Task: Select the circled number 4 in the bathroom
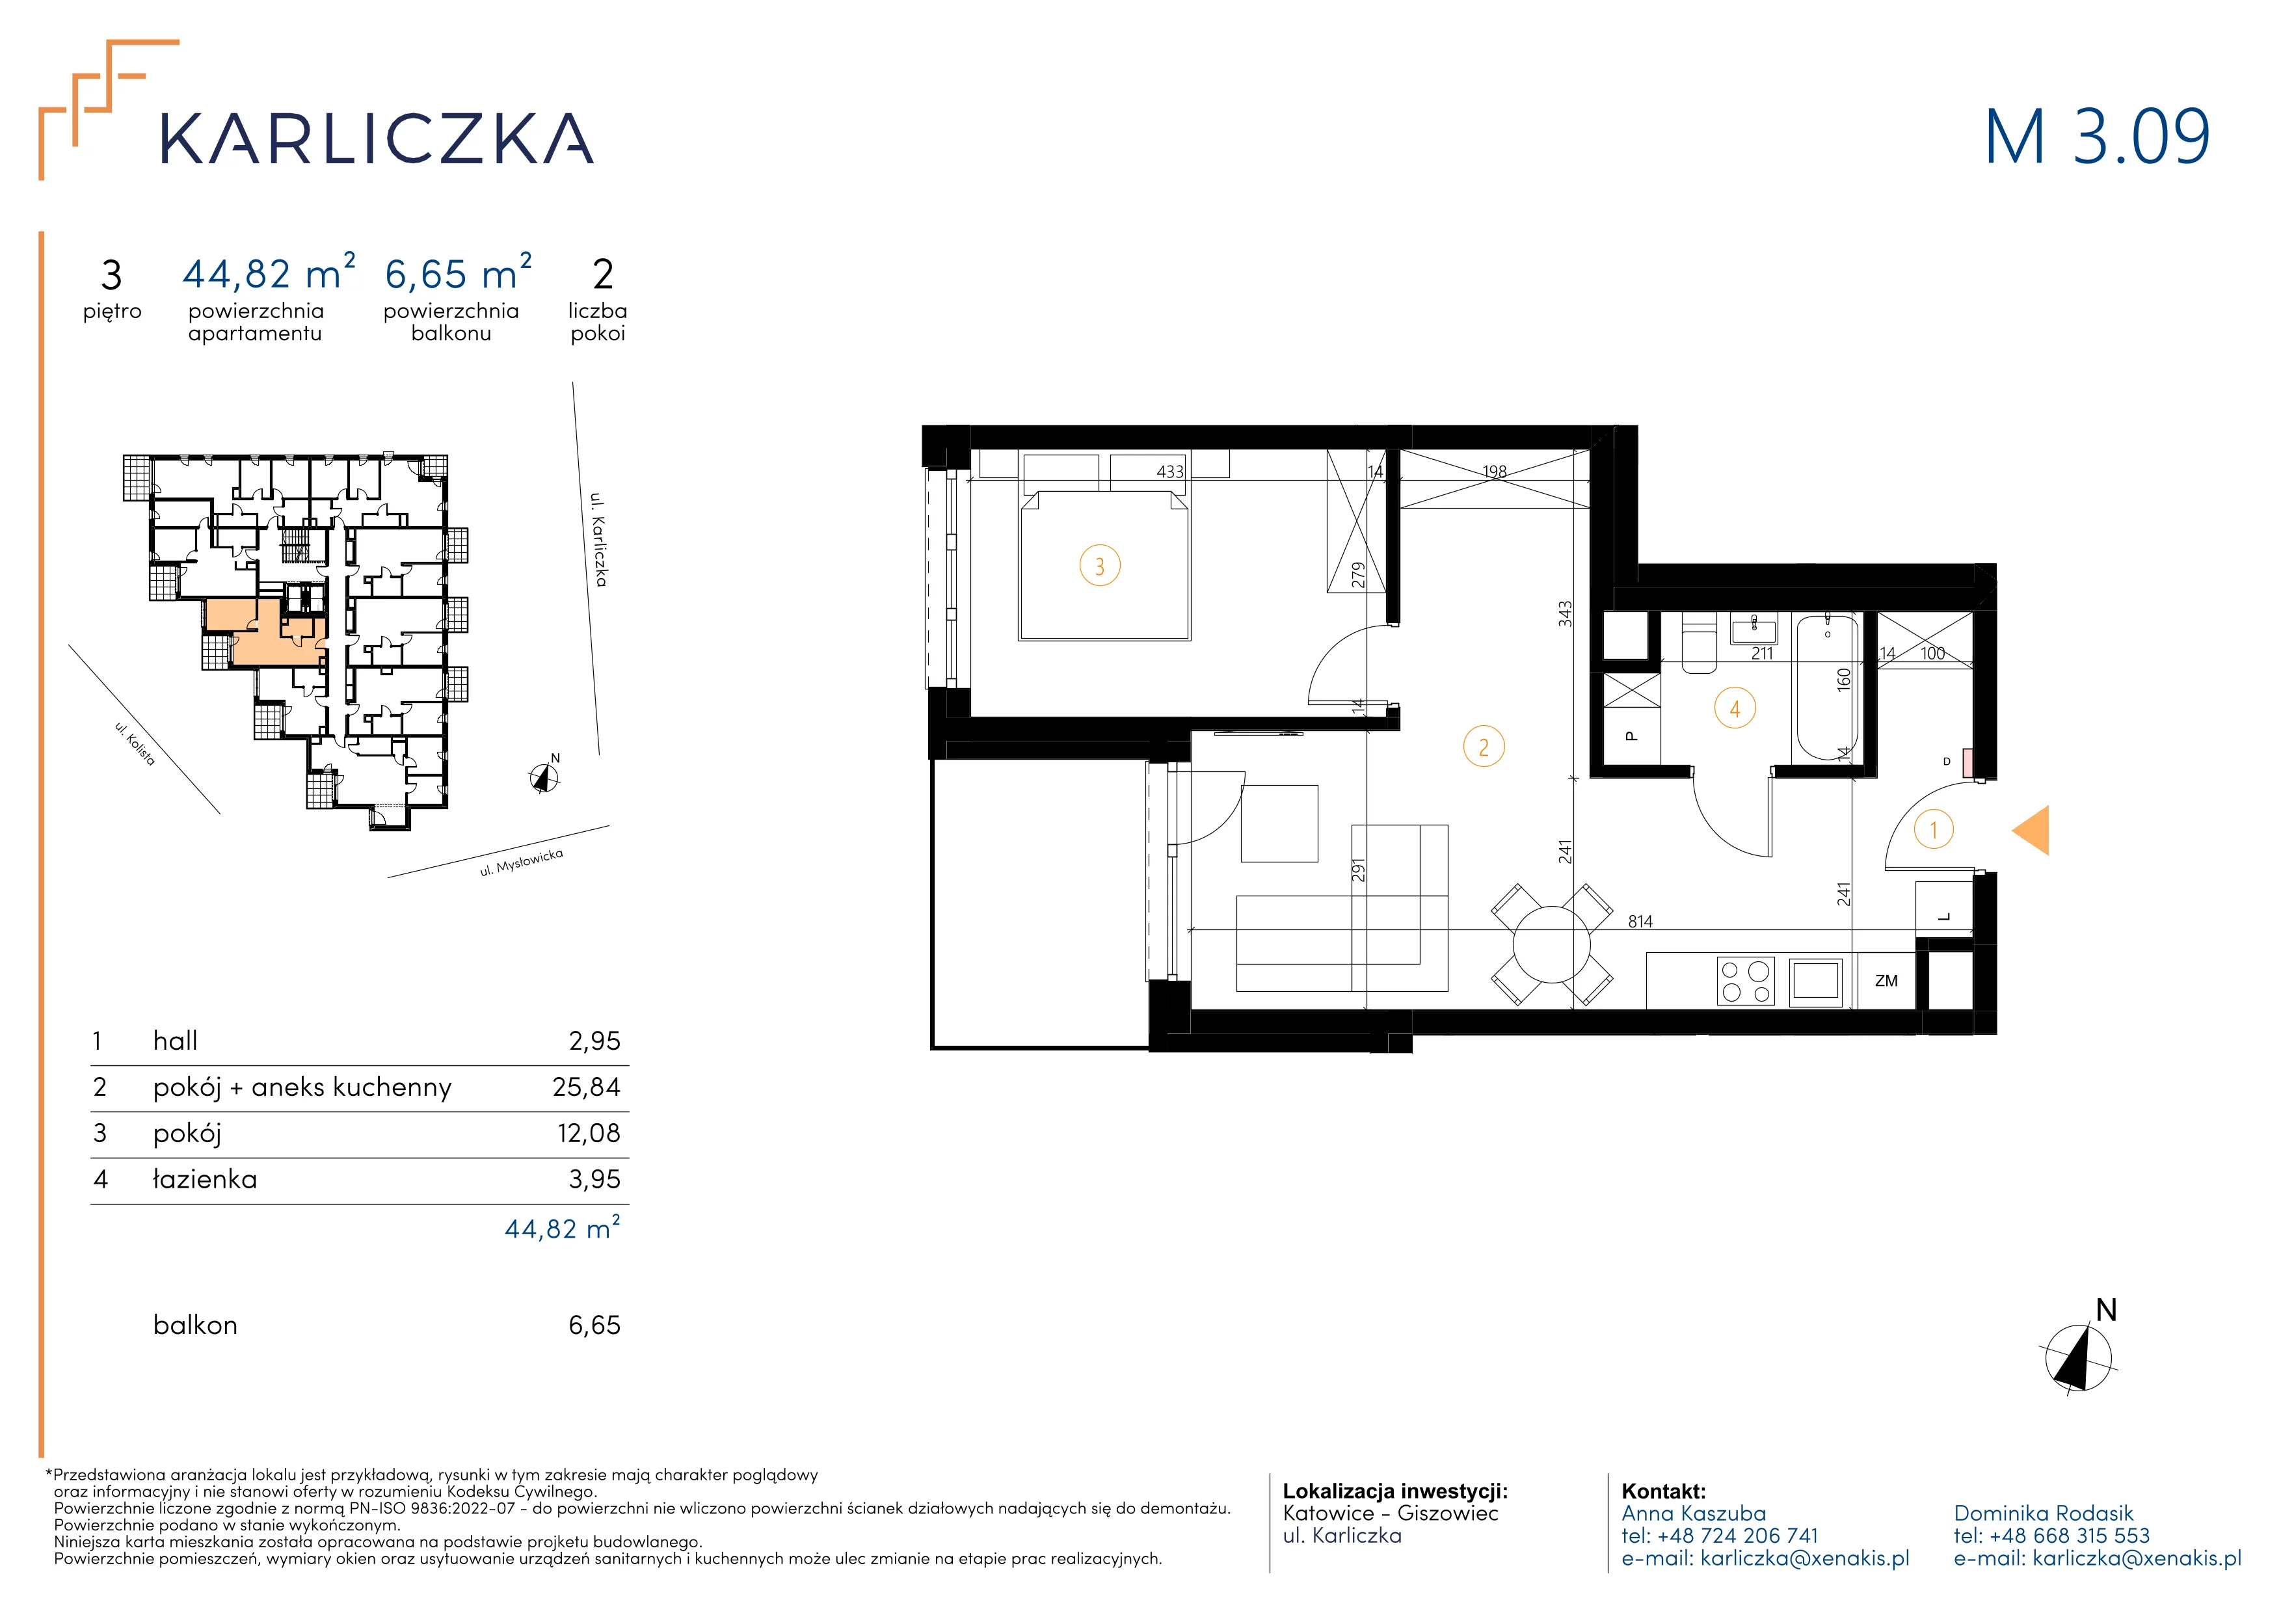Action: (1735, 709)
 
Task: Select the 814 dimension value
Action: (1640, 922)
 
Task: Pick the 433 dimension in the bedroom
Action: (1170, 472)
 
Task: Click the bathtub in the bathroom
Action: (1826, 686)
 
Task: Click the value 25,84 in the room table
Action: (586, 1087)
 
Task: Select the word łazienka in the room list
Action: (205, 1179)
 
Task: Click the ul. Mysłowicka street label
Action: (522, 862)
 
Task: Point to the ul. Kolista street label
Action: (135, 743)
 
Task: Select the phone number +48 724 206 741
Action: (1737, 1536)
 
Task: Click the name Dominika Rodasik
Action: (2044, 1513)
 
